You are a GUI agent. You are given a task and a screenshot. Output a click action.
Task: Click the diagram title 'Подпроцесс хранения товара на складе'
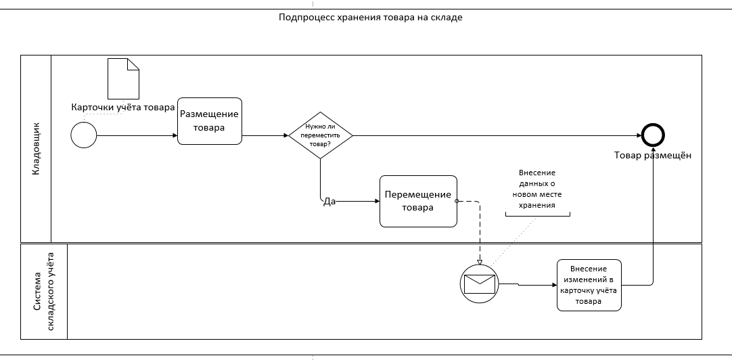point(370,18)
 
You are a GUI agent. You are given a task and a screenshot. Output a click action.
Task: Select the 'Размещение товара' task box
point(210,121)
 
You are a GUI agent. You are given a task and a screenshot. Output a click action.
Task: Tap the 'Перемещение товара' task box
point(418,201)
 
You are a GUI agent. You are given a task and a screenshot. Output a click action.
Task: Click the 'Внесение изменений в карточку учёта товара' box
point(589,285)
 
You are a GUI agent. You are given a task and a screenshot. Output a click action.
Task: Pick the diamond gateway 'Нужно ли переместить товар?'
point(320,135)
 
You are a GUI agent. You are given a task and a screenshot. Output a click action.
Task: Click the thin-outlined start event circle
point(84,135)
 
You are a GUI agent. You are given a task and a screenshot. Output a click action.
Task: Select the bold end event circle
point(653,135)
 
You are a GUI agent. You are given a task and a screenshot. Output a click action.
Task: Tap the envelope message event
point(480,284)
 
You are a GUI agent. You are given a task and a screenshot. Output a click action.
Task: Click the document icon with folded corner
point(123,78)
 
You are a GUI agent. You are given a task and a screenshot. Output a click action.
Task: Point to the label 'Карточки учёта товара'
point(122,107)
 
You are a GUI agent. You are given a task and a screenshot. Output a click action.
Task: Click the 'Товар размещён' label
point(653,156)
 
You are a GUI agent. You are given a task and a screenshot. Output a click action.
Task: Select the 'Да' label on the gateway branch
point(329,202)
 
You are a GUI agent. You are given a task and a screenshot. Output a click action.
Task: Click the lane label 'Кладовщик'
point(36,149)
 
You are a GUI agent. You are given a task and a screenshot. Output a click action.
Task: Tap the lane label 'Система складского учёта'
point(45,292)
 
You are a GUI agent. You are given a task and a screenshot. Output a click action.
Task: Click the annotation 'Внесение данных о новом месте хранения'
point(537,189)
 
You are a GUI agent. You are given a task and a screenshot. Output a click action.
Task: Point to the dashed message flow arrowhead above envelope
point(480,263)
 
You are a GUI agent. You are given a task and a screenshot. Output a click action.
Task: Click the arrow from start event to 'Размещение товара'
point(137,135)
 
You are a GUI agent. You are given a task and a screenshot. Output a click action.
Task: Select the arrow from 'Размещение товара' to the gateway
point(265,135)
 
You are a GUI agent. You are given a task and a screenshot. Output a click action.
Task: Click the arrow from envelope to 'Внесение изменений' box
point(528,284)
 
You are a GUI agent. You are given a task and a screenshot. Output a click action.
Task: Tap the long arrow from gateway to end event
point(497,135)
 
